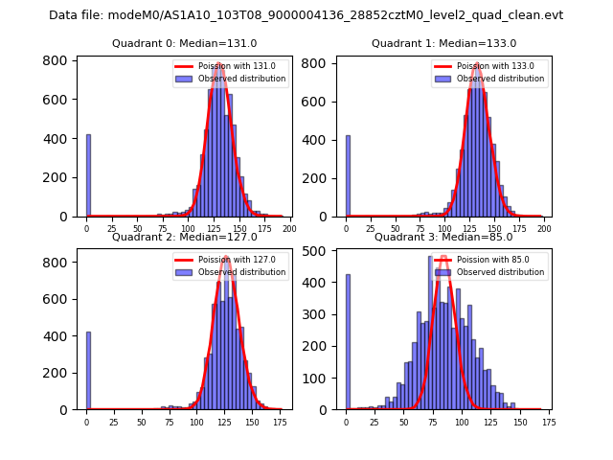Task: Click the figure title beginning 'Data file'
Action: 306,15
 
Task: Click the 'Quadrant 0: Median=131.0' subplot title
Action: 184,43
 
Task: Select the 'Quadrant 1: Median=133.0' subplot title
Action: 443,43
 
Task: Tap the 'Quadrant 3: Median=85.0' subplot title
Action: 443,237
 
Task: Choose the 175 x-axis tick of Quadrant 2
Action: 280,423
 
